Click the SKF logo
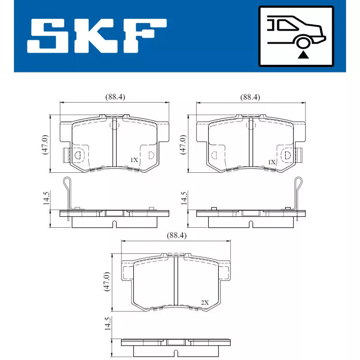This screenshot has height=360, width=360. coord(97,36)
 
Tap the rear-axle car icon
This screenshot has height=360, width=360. coord(296,36)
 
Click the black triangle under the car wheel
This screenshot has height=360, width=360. coord(305,55)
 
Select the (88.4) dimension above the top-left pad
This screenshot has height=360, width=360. coord(115,97)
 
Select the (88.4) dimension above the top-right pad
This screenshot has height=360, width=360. coord(250,97)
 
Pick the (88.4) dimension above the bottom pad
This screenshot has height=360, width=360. coord(176,235)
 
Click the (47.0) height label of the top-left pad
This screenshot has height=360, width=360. coord(45,144)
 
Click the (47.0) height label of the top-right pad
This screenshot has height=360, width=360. coord(183,144)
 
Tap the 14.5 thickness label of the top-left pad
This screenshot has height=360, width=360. coord(45,198)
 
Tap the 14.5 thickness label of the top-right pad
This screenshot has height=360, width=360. coord(183,198)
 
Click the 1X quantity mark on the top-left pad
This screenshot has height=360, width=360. coord(134,160)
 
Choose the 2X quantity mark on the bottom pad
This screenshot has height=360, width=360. coord(204,302)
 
